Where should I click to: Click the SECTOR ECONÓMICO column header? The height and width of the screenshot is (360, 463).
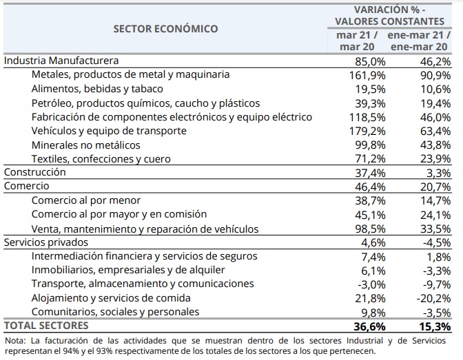165,29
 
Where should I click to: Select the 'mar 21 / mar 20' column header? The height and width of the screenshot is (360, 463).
357,41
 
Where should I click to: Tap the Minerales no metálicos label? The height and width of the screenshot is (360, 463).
86,145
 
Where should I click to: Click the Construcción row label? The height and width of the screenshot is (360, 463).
35,172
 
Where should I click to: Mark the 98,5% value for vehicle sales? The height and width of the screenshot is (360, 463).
371,229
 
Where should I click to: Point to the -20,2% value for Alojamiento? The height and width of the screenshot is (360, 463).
433,298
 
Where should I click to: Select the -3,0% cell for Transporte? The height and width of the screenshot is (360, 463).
371,284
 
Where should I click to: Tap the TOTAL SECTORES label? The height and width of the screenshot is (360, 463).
46,326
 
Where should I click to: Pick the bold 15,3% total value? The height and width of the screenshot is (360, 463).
433,326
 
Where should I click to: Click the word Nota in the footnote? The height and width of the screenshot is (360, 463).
13,340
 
